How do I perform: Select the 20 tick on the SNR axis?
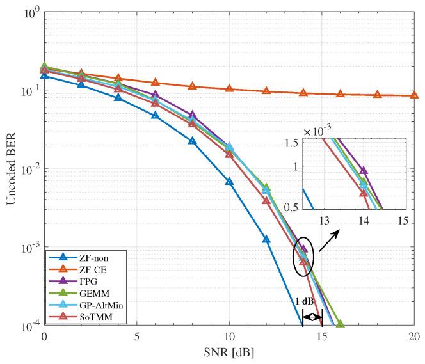coord(413,336)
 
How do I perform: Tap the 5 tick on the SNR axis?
coord(136,336)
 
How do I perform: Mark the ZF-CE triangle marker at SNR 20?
coord(413,95)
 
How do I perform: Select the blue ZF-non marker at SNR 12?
coord(266,240)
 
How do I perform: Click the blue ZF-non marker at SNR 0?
coord(44,75)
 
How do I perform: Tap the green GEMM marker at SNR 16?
coord(340,324)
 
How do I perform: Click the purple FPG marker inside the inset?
coord(364,171)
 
